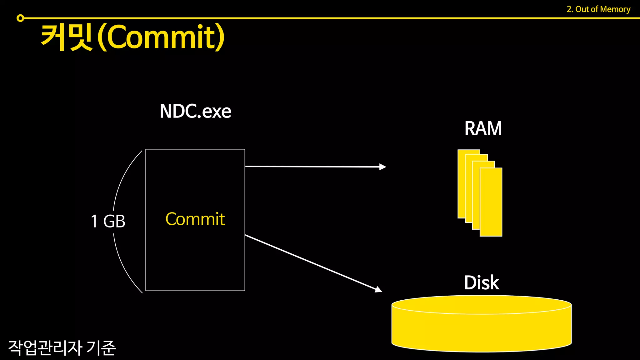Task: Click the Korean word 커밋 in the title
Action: click(x=67, y=37)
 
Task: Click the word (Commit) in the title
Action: click(x=161, y=37)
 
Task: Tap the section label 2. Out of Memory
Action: click(x=598, y=9)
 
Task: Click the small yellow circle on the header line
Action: click(x=20, y=18)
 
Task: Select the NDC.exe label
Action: click(x=195, y=111)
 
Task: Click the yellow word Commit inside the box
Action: click(x=195, y=219)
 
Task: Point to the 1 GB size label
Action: click(x=108, y=221)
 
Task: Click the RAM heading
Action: click(x=483, y=128)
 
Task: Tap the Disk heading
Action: click(x=481, y=283)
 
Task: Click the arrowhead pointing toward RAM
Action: click(x=382, y=167)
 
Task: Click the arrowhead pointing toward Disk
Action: click(x=378, y=290)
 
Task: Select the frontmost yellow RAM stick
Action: click(x=491, y=202)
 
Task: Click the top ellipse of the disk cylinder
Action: click(x=481, y=304)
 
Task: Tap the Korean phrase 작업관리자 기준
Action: click(x=62, y=348)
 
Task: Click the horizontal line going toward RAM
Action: click(x=312, y=167)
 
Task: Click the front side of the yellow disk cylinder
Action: click(x=481, y=333)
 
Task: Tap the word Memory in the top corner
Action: click(x=615, y=9)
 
